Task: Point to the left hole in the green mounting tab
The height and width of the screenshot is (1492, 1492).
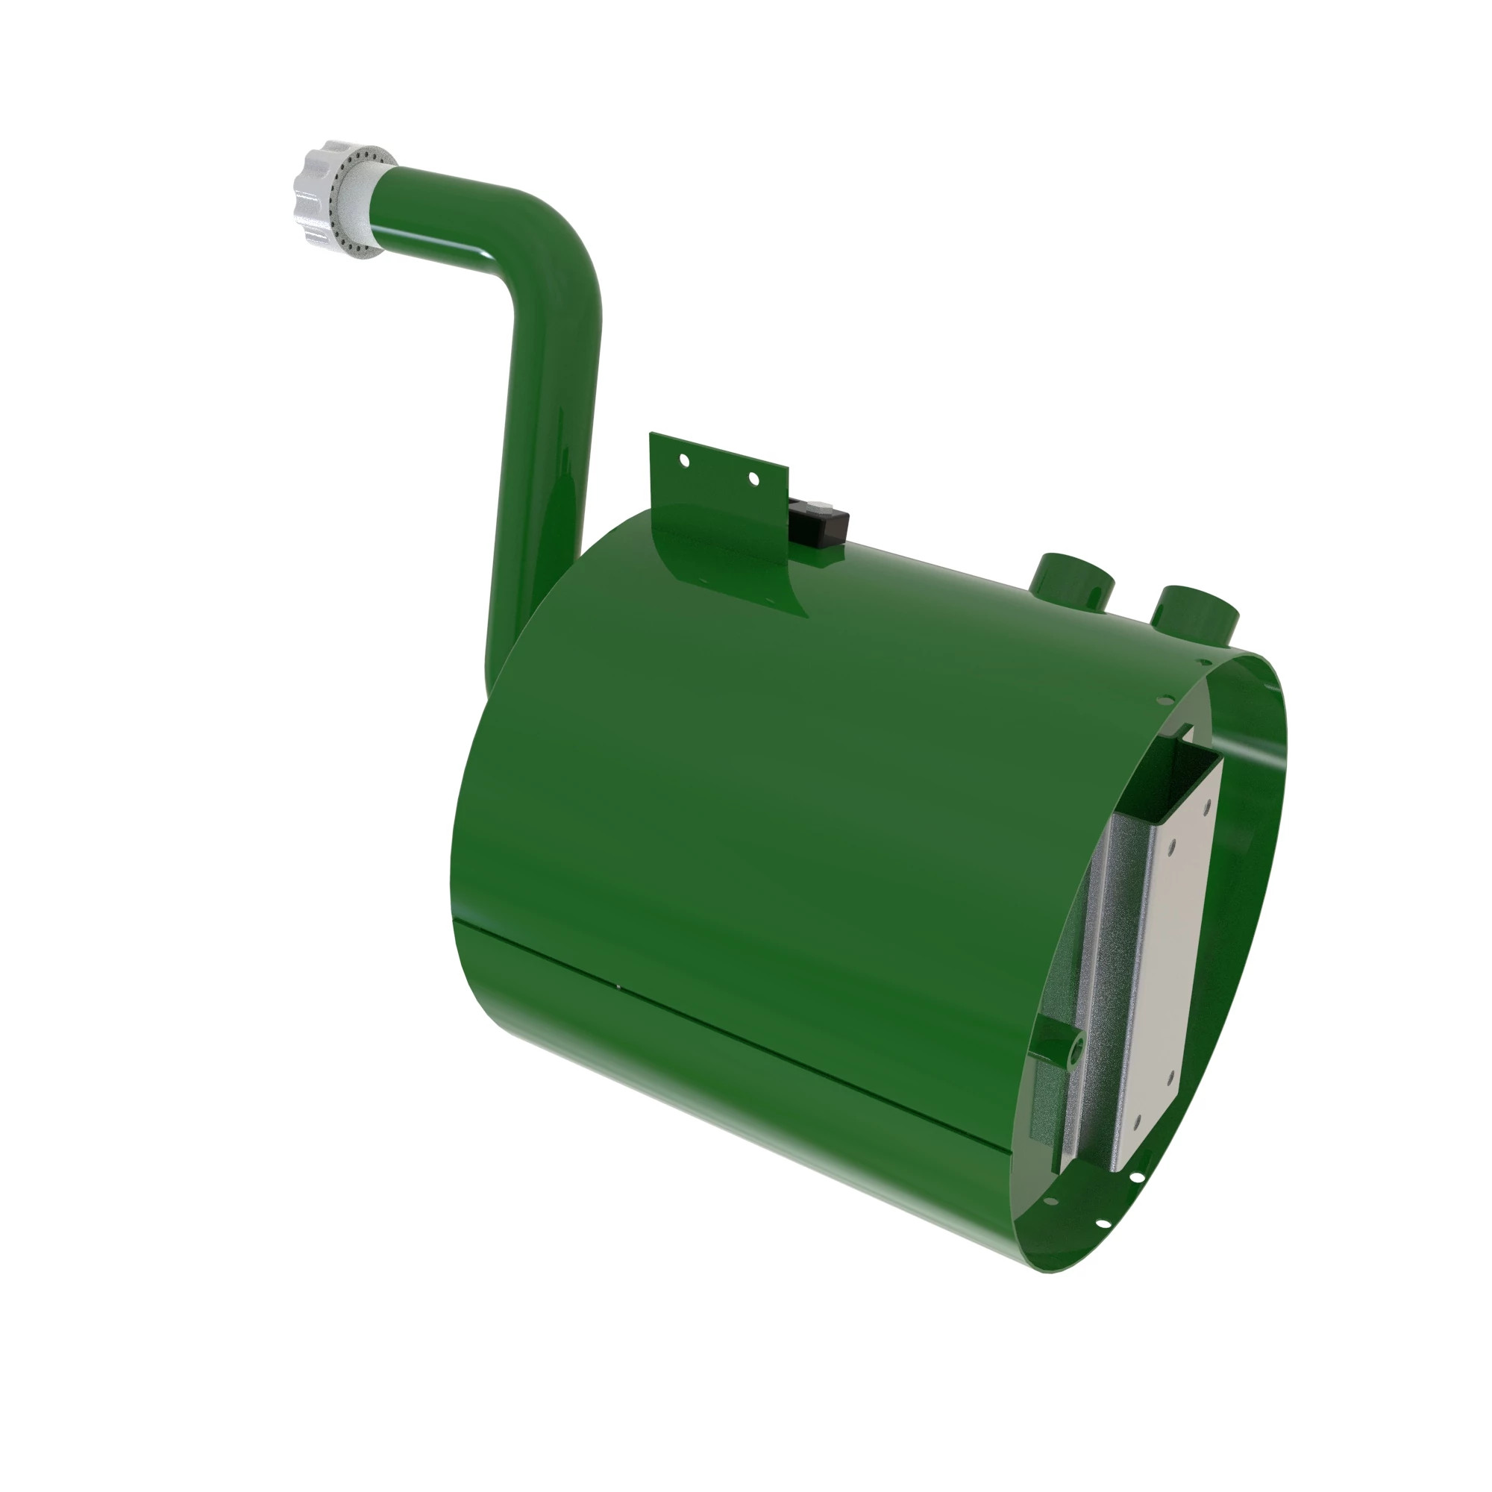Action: (683, 461)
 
